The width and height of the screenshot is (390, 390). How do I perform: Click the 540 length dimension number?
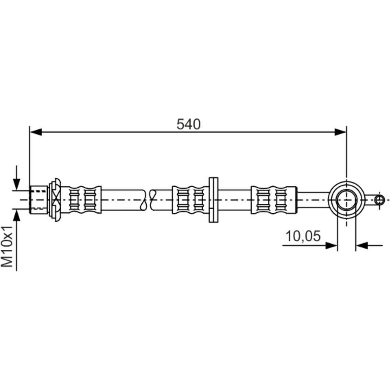click(188, 125)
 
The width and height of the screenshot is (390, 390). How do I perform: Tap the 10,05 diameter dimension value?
click(303, 236)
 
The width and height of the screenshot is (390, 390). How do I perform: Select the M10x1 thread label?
click(7, 247)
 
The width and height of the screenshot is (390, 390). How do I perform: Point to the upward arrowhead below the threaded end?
click(16, 215)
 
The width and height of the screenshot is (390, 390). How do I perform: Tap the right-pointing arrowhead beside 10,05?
click(331, 246)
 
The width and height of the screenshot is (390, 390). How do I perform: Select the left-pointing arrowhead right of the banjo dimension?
click(362, 246)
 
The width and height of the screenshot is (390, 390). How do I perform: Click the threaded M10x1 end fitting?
click(39, 200)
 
